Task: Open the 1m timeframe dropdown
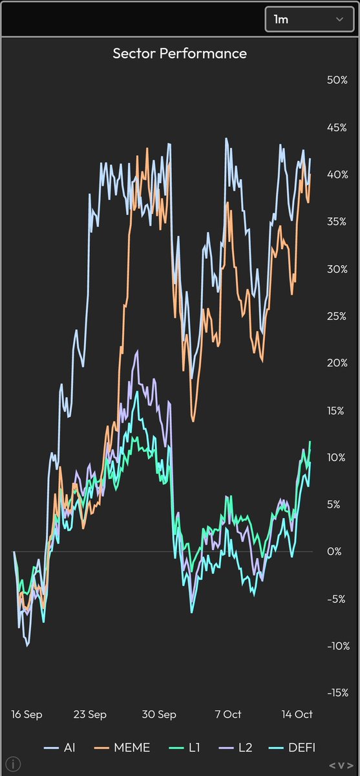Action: point(309,19)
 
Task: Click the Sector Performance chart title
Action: point(180,53)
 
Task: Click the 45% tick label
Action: point(337,127)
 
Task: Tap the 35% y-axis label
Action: point(337,221)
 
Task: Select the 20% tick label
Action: point(337,363)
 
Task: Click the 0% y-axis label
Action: point(334,552)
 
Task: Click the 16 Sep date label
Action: point(27,715)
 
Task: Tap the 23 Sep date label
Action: point(90,715)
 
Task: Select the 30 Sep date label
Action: point(159,715)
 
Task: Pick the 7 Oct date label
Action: point(228,715)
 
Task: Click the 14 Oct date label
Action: point(296,715)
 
